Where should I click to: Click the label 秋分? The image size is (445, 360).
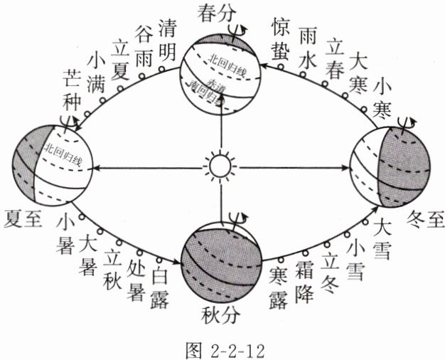220,313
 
